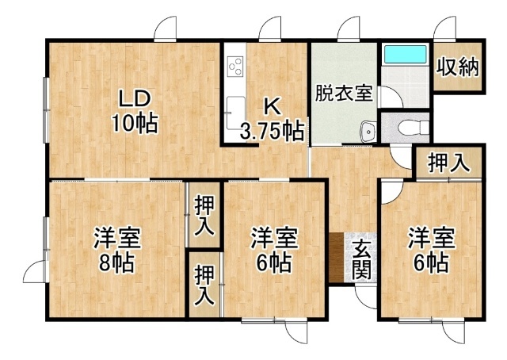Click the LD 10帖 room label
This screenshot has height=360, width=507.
pyautogui.click(x=135, y=111)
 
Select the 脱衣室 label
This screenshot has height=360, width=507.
pyautogui.click(x=344, y=93)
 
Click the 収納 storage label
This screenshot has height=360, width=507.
pyautogui.click(x=458, y=67)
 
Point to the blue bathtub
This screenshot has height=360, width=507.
pyautogui.click(x=406, y=54)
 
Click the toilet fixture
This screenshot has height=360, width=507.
pyautogui.click(x=414, y=127)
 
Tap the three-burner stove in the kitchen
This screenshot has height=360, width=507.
pyautogui.click(x=235, y=66)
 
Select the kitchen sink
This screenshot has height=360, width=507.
pyautogui.click(x=235, y=113)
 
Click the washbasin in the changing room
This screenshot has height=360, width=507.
pyautogui.click(x=368, y=131)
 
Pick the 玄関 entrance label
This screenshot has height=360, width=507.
pyautogui.click(x=360, y=260)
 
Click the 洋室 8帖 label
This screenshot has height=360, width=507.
pyautogui.click(x=116, y=250)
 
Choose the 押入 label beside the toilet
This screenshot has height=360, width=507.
pyautogui.click(x=448, y=163)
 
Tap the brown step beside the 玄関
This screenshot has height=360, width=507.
pyautogui.click(x=337, y=257)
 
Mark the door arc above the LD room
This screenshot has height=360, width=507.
pyautogui.click(x=166, y=29)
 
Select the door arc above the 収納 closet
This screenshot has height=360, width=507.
pyautogui.click(x=444, y=29)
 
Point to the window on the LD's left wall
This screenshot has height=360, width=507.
pyautogui.click(x=46, y=109)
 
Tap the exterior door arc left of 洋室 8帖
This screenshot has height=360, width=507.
pyautogui.click(x=35, y=271)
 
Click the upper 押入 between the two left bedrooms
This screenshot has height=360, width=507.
pyautogui.click(x=204, y=216)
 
